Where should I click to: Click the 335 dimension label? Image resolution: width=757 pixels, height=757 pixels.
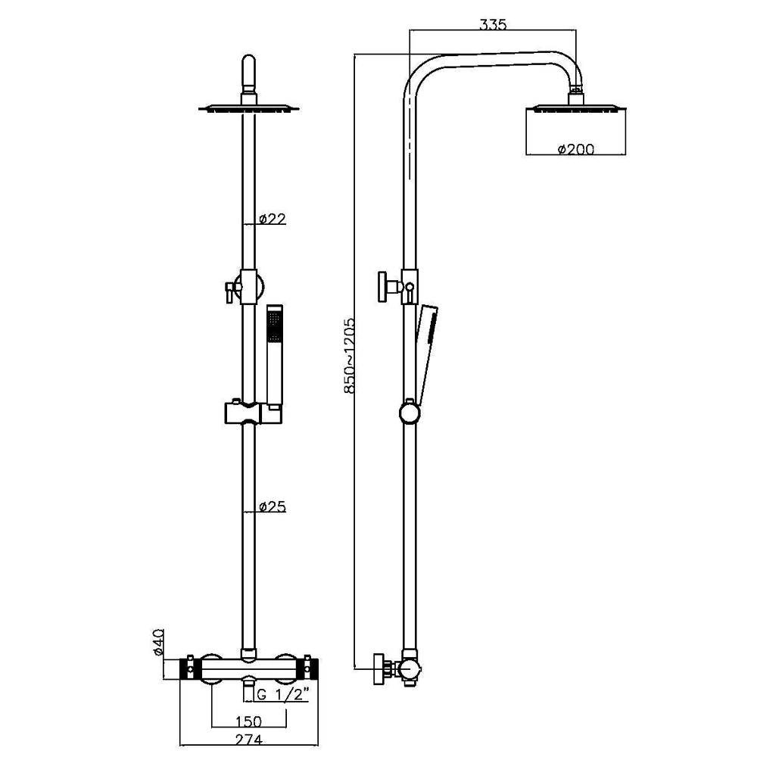[493, 24]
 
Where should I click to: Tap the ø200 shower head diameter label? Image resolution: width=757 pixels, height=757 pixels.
[576, 149]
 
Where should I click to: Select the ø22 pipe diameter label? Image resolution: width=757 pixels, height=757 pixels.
[273, 219]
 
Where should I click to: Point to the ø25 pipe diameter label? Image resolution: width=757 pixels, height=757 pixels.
[273, 506]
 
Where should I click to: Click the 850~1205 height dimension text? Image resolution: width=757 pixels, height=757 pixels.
[349, 355]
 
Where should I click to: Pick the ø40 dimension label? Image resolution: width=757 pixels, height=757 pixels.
[158, 642]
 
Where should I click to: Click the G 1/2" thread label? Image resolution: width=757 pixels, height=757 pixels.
[282, 695]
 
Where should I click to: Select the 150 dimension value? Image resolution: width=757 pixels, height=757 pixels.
[248, 721]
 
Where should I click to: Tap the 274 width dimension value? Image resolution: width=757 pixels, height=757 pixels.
[248, 740]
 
